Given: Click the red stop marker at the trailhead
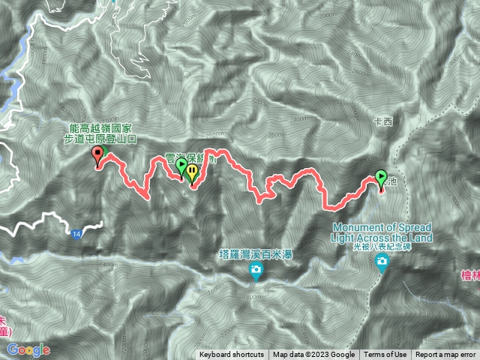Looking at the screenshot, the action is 97,155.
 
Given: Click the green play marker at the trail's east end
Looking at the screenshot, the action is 381,178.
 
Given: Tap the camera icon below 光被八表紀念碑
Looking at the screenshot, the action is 383,262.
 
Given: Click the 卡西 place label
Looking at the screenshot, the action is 382,120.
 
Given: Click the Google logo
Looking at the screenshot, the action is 28,349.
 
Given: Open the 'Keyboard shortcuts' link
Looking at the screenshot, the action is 231,355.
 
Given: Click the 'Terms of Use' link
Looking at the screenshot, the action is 385,355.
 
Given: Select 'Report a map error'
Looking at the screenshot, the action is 445,355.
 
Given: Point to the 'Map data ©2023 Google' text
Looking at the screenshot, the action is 313,355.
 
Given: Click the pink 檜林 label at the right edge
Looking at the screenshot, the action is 470,276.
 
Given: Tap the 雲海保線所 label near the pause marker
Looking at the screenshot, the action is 190,159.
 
